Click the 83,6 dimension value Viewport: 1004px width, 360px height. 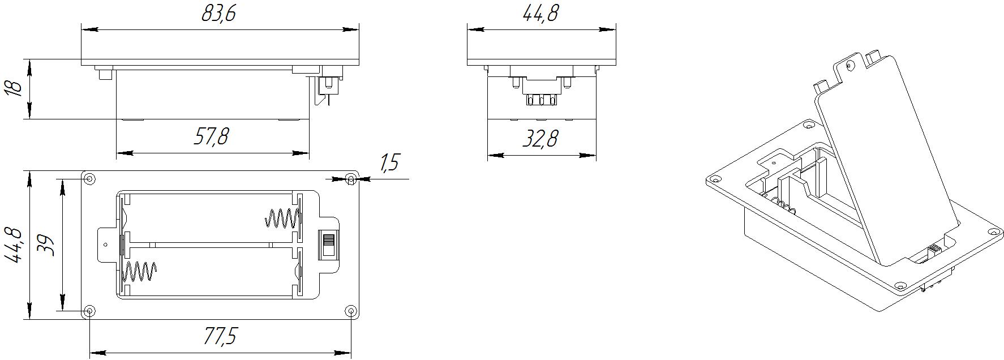218,14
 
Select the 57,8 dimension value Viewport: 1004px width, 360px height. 211,136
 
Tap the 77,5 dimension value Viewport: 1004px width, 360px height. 219,336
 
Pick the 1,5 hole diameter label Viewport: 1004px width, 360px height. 389,163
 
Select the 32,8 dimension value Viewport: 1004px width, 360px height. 540,138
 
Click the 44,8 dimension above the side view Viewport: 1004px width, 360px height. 540,13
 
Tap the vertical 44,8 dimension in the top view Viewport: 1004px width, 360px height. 14,245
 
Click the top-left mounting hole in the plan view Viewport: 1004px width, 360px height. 89,179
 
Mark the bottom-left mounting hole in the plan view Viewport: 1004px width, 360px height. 89,311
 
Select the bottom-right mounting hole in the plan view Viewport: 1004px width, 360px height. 351,311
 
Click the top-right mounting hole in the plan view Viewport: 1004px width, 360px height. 351,179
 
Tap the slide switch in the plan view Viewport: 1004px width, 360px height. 327,245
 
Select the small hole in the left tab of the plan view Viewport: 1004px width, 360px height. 106,245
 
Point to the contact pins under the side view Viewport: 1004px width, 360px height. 540,100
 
